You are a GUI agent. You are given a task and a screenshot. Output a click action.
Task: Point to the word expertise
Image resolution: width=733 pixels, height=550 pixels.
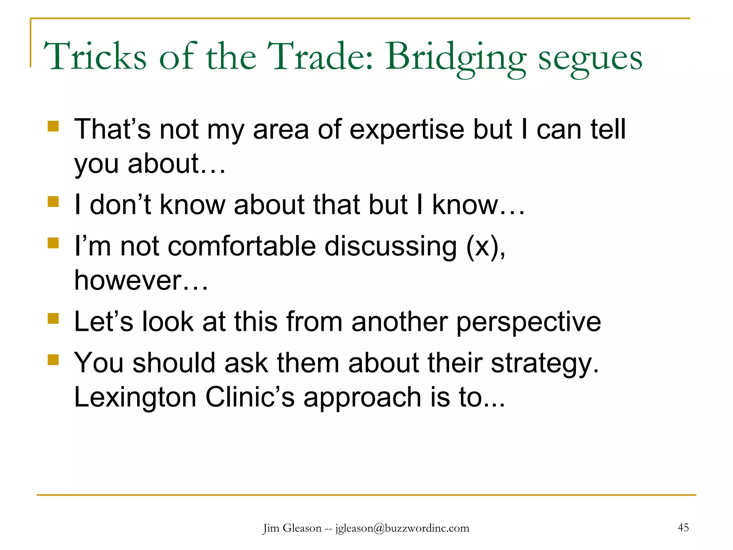coord(407,129)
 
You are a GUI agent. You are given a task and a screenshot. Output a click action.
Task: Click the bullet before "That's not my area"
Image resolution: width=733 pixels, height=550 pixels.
coord(53,126)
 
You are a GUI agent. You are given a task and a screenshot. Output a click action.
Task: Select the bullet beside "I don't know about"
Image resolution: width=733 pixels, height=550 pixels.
coord(53,202)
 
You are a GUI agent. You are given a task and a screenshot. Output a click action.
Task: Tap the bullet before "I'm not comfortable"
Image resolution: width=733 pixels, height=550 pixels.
coord(53,243)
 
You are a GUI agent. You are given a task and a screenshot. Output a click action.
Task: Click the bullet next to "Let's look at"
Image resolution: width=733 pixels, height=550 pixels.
coord(53,318)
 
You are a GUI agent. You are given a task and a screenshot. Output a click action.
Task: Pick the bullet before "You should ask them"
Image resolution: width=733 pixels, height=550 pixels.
coord(53,360)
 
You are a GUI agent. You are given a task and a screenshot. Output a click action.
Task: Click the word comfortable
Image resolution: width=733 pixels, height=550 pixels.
coord(242,246)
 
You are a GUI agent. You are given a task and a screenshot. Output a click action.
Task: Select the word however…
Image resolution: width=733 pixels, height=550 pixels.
coord(141,280)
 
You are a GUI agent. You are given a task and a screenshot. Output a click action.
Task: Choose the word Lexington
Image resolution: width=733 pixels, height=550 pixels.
coord(135,397)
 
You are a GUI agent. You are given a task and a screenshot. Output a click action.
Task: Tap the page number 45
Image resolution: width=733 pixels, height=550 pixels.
coord(683,527)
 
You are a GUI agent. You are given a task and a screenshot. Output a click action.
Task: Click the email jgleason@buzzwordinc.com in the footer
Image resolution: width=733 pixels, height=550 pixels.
coord(402,528)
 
